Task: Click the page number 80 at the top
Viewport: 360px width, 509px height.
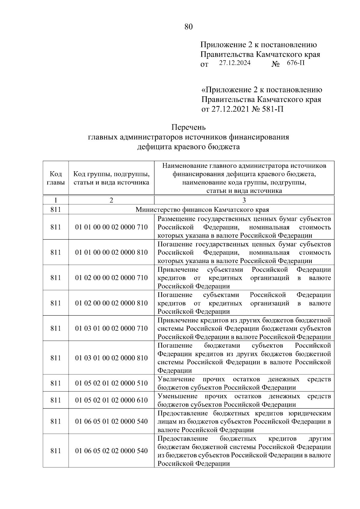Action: tap(188, 27)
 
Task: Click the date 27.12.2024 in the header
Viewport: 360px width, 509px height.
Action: tap(235, 63)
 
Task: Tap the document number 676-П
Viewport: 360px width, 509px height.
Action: tap(295, 63)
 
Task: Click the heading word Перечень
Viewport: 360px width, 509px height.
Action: tap(188, 127)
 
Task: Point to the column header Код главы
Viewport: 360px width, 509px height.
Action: tap(56, 178)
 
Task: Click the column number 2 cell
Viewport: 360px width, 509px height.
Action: tap(111, 200)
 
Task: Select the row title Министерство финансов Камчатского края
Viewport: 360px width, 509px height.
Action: tap(202, 209)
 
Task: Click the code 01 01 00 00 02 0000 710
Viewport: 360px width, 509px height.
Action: tap(111, 227)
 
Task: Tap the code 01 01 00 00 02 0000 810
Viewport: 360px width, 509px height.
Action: tap(111, 252)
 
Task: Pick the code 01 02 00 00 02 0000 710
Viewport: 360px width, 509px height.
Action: tap(111, 278)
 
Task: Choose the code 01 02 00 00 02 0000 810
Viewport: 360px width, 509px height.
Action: tap(111, 303)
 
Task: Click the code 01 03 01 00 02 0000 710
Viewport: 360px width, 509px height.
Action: tap(111, 328)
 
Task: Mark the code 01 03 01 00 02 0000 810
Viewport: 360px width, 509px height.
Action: tap(111, 358)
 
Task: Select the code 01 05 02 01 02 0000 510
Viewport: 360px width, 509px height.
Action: tap(111, 383)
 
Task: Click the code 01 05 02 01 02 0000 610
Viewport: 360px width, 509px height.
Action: tap(111, 400)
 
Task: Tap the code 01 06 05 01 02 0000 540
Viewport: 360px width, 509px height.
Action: tap(111, 421)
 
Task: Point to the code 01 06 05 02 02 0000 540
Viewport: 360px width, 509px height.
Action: tap(111, 451)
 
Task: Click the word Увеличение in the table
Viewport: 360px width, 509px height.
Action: tap(176, 379)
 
